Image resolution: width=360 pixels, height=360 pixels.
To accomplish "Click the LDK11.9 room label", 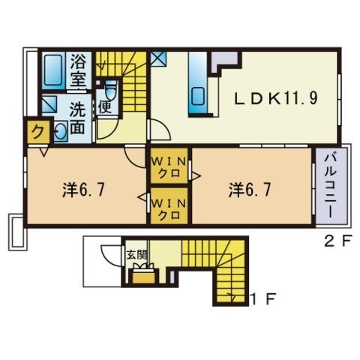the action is pyautogui.click(x=276, y=97).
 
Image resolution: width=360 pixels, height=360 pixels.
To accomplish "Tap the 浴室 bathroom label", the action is pyautogui.click(x=78, y=70).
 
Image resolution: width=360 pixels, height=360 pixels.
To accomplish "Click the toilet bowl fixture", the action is pyautogui.click(x=111, y=91).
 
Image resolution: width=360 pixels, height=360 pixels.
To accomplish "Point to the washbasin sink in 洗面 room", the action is pyautogui.click(x=61, y=131).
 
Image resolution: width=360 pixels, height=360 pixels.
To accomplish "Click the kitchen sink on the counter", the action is pyautogui.click(x=198, y=97).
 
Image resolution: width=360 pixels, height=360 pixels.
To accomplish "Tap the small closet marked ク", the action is pyautogui.click(x=38, y=131).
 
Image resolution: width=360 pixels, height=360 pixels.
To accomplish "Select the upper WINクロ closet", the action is pyautogui.click(x=169, y=166).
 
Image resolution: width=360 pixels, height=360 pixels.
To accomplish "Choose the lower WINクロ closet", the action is pyautogui.click(x=169, y=205).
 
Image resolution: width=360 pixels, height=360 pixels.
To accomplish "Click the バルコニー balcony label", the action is pyautogui.click(x=331, y=186).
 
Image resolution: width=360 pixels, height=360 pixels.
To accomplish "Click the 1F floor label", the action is pyautogui.click(x=263, y=299).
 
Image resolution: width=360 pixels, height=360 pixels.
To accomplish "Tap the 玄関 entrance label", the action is pyautogui.click(x=136, y=255).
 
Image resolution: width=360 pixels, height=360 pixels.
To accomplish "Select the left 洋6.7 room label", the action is pyautogui.click(x=83, y=190).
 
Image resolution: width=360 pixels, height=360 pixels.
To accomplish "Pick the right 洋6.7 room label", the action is pyautogui.click(x=250, y=190).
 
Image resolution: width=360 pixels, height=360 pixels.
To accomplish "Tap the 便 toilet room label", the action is pyautogui.click(x=104, y=107).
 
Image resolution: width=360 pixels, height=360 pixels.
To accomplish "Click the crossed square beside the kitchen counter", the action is pyautogui.click(x=158, y=58).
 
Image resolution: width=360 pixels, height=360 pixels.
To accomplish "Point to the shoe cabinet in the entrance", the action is pyautogui.click(x=143, y=277).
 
